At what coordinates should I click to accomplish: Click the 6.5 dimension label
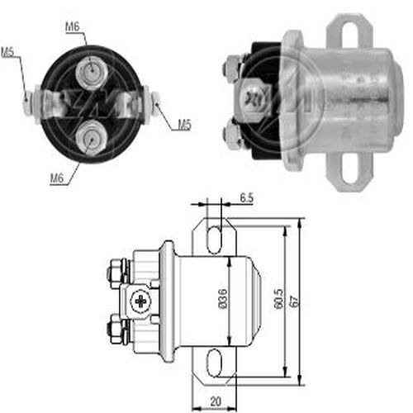pyautogui.click(x=246, y=198)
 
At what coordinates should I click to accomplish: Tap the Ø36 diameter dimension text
pyautogui.click(x=223, y=299)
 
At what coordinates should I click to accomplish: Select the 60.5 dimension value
pyautogui.click(x=278, y=299)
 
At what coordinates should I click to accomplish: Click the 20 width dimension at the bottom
pyautogui.click(x=216, y=401)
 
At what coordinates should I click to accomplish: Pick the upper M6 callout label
pyautogui.click(x=73, y=26)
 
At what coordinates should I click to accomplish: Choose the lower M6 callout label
pyautogui.click(x=57, y=178)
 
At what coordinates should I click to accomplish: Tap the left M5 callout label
pyautogui.click(x=7, y=52)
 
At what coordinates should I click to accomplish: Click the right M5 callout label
pyautogui.click(x=184, y=125)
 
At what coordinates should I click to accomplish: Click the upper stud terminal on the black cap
pyautogui.click(x=92, y=73)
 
